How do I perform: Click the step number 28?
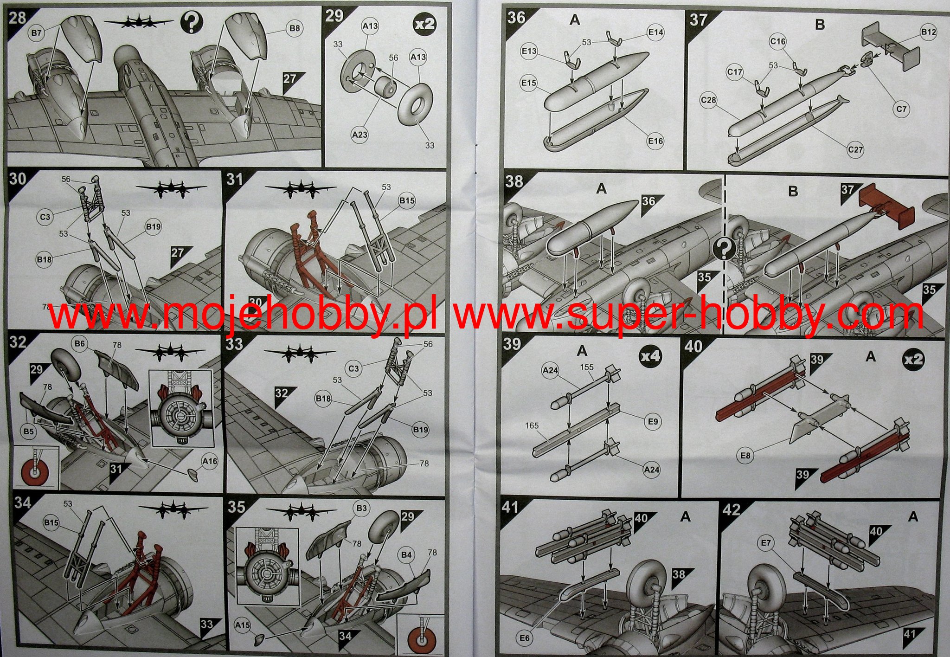(x=17, y=19)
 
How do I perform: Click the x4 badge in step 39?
(x=650, y=355)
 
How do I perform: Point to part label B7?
(x=37, y=33)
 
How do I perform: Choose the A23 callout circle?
(x=360, y=135)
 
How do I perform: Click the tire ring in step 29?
(x=416, y=103)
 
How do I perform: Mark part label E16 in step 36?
(x=655, y=141)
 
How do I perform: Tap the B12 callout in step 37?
(x=928, y=32)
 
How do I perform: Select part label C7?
(x=901, y=109)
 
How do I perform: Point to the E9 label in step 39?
(x=653, y=421)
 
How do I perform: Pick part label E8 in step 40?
(x=745, y=456)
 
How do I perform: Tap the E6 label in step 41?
(x=524, y=638)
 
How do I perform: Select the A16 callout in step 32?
(x=210, y=461)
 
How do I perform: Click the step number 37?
(x=698, y=19)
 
